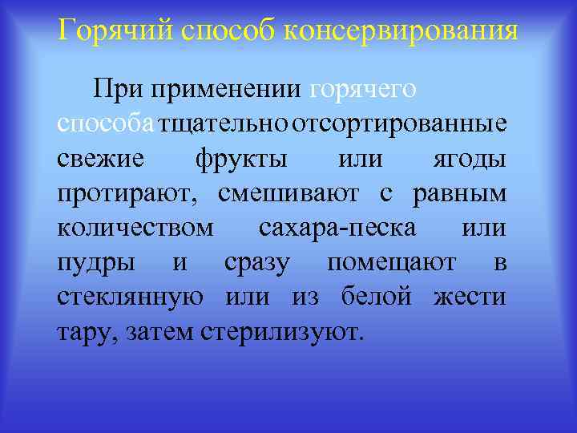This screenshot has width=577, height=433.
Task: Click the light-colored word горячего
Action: [362, 88]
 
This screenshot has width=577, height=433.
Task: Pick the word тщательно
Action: [224, 124]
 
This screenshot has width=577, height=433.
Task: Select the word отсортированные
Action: [399, 124]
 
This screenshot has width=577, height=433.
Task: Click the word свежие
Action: [101, 159]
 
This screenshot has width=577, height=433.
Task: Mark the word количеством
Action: [136, 228]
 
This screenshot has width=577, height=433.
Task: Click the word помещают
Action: [392, 262]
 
